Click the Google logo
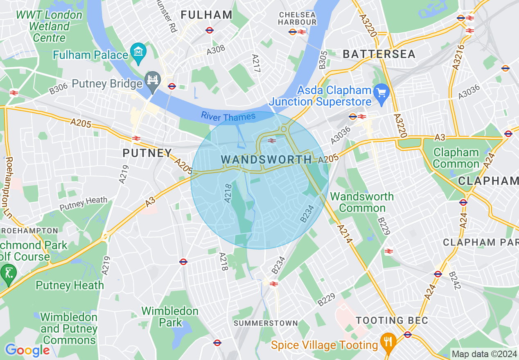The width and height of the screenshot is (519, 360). [x=27, y=350]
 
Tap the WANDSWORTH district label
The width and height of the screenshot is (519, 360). [x=266, y=160]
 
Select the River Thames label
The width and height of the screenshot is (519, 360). [x=228, y=117]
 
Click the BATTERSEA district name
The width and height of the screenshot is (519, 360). [x=379, y=54]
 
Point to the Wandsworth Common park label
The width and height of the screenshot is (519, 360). [x=362, y=202]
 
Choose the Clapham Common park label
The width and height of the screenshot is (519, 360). [x=456, y=158]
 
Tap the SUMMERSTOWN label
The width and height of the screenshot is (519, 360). [x=266, y=323]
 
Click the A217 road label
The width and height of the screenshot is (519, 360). [x=256, y=64]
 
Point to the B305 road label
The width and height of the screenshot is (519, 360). [x=323, y=60]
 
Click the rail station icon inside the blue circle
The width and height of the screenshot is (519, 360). [x=271, y=141]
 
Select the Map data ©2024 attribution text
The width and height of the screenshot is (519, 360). [x=484, y=354]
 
